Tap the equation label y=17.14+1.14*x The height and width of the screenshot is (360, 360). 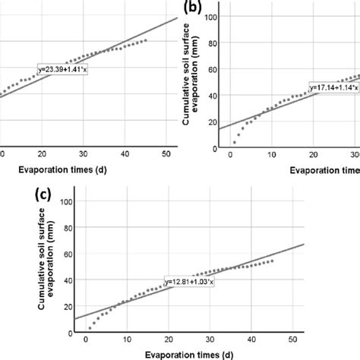(335, 88)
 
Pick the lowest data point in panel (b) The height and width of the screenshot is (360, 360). (234, 142)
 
